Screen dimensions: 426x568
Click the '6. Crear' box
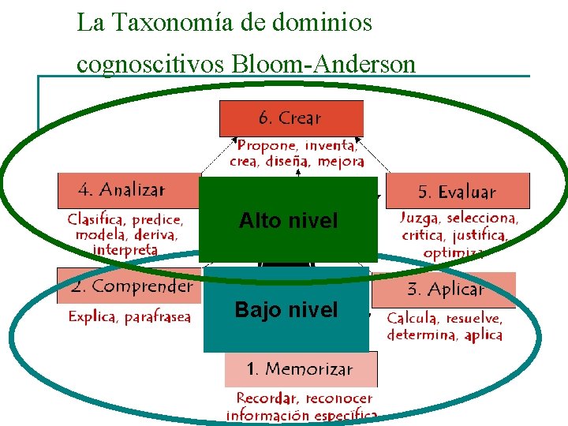pos(291,118)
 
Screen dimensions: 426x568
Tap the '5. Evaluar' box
pos(458,192)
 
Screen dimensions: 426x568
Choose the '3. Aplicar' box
pos(445,290)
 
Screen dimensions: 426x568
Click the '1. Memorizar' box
pos(300,368)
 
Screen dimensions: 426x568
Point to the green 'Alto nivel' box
pos(288,220)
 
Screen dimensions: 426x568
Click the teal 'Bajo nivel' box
pos(286,310)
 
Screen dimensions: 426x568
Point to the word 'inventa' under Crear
pos(329,146)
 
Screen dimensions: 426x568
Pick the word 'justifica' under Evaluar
pos(476,236)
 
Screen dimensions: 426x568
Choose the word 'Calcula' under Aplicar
pos(412,319)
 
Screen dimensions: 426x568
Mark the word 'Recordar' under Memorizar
pos(267,398)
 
